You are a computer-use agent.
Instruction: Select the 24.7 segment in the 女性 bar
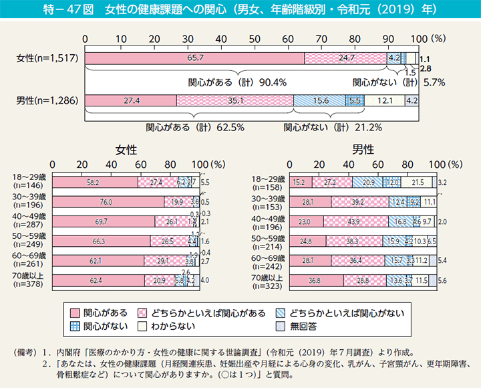345,58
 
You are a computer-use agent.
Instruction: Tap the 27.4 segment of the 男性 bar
132,100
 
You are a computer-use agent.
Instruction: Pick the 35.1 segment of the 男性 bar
235,100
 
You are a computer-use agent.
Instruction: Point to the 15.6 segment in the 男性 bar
320,100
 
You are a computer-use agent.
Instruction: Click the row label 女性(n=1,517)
47,58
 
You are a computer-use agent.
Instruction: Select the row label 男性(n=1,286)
47,100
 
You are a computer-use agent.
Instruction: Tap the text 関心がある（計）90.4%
238,83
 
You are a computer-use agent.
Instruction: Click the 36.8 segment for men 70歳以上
316,281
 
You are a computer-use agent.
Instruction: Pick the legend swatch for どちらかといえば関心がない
281,312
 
